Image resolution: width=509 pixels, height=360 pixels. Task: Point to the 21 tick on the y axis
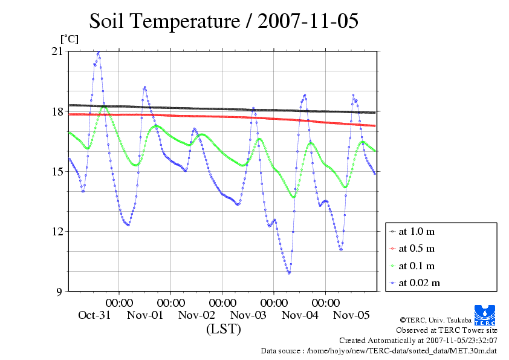pos(57,51)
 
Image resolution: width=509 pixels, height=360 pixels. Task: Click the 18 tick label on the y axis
pos(57,111)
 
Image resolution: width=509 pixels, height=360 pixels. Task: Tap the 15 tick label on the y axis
pos(57,171)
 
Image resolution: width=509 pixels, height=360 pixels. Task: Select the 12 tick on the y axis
pos(57,231)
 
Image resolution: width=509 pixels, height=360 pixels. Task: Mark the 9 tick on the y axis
pos(59,291)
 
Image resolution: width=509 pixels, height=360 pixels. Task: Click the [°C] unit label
pos(69,39)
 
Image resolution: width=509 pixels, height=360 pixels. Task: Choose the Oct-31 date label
pos(94,315)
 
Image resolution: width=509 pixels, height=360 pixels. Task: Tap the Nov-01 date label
pos(146,315)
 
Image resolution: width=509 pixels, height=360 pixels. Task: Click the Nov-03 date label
pos(248,315)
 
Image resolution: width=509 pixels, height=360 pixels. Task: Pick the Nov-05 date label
pos(351,315)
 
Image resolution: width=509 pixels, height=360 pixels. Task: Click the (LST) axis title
pos(224,329)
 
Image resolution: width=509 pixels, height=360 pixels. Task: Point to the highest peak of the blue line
pos(98,53)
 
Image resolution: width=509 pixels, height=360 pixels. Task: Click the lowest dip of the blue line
pos(289,273)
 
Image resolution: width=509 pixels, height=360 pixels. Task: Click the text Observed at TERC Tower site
pos(447,330)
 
